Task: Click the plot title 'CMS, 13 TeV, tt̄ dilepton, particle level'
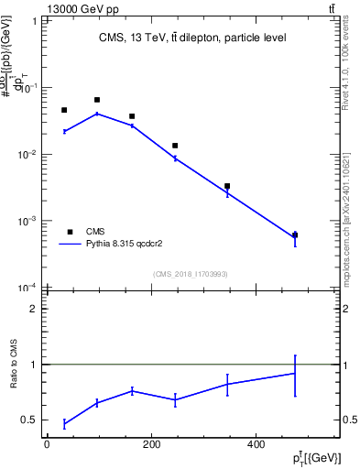point(192,38)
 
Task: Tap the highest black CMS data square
point(97,100)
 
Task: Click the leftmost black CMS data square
point(64,110)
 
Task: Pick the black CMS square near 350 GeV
point(227,186)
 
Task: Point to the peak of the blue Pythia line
point(97,114)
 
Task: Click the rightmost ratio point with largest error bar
point(295,374)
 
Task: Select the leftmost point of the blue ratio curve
point(64,424)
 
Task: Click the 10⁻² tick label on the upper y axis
point(27,154)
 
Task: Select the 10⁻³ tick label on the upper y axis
point(27,221)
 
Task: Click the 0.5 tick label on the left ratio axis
point(30,420)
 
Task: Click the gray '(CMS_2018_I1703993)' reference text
point(192,273)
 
